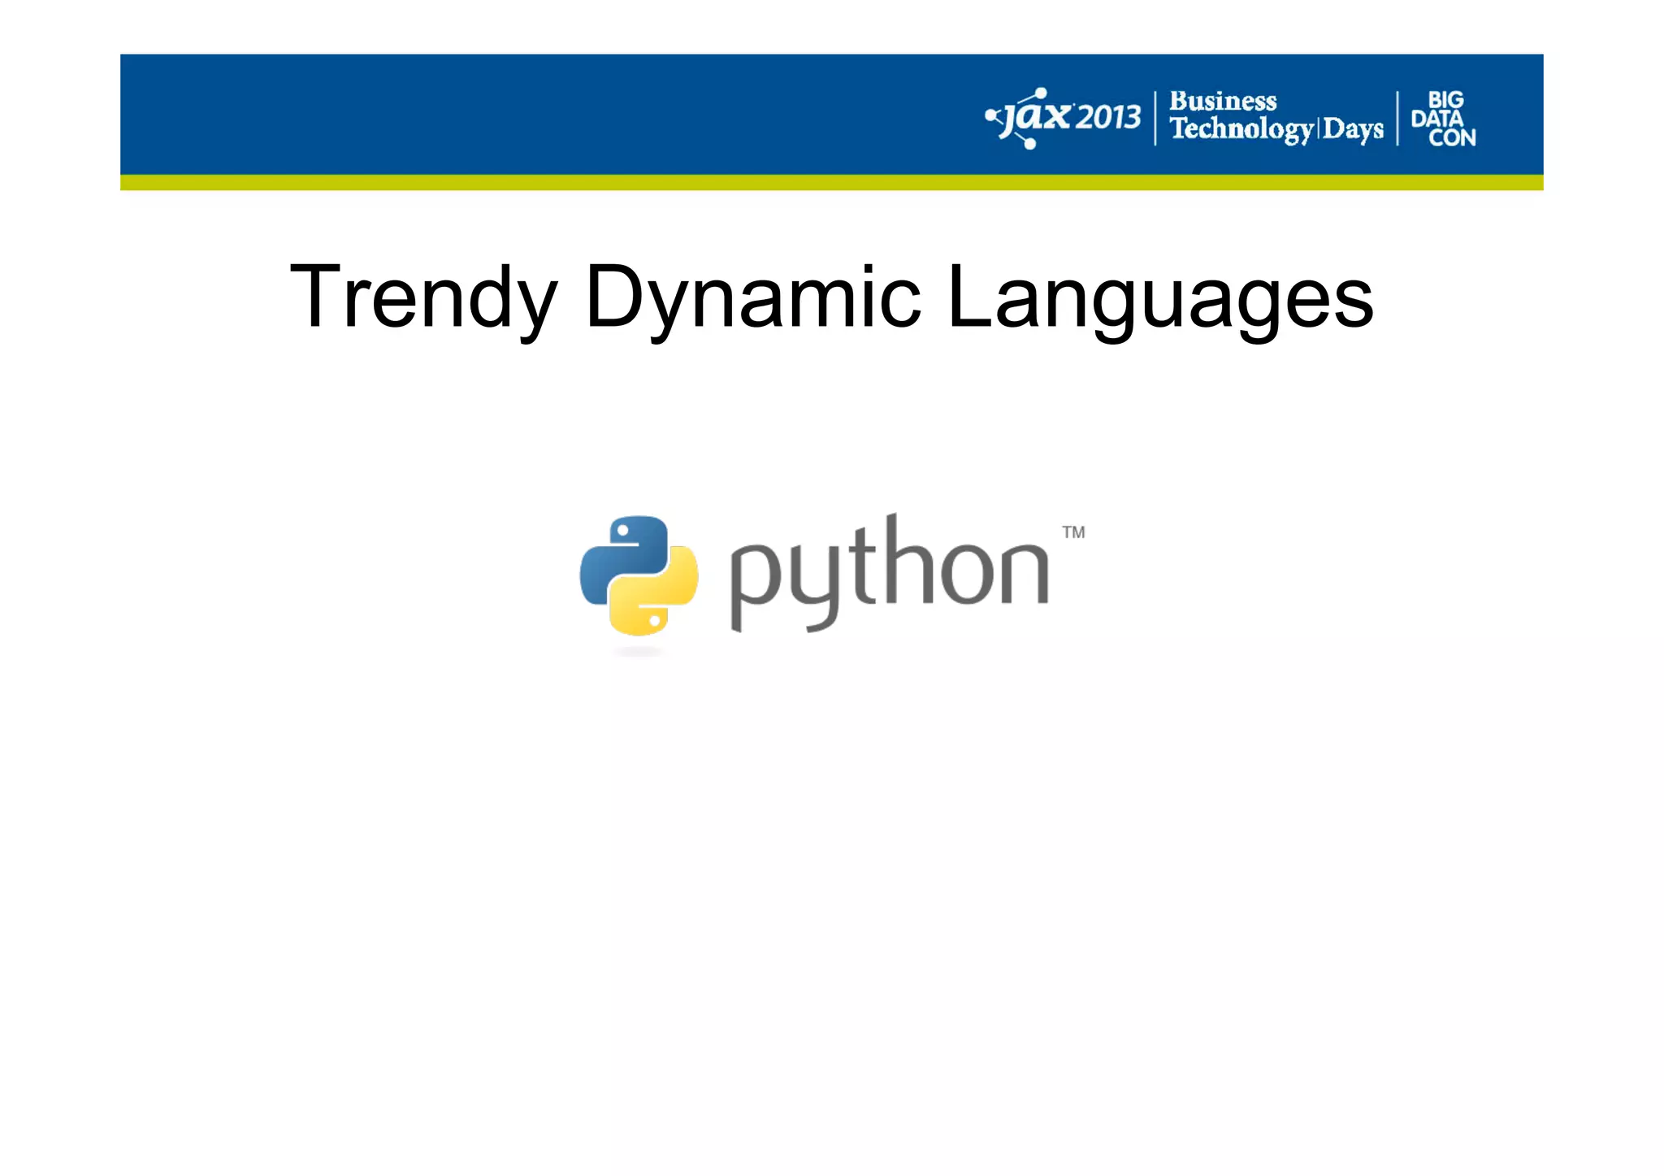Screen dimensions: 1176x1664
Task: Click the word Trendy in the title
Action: pyautogui.click(x=423, y=297)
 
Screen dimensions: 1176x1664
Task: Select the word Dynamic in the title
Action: pyautogui.click(x=752, y=297)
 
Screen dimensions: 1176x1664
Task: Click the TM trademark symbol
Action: pyautogui.click(x=1073, y=532)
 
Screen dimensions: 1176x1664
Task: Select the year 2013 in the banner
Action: pyautogui.click(x=1108, y=119)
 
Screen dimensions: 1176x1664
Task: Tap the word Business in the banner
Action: pyautogui.click(x=1223, y=102)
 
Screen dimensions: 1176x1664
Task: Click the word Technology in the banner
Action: pyautogui.click(x=1241, y=129)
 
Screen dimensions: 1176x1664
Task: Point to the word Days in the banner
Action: pyautogui.click(x=1353, y=130)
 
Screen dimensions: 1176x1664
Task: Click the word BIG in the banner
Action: pyautogui.click(x=1445, y=100)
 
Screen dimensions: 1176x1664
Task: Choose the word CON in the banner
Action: pyautogui.click(x=1452, y=138)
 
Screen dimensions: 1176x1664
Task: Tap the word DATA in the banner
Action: pyautogui.click(x=1436, y=119)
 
